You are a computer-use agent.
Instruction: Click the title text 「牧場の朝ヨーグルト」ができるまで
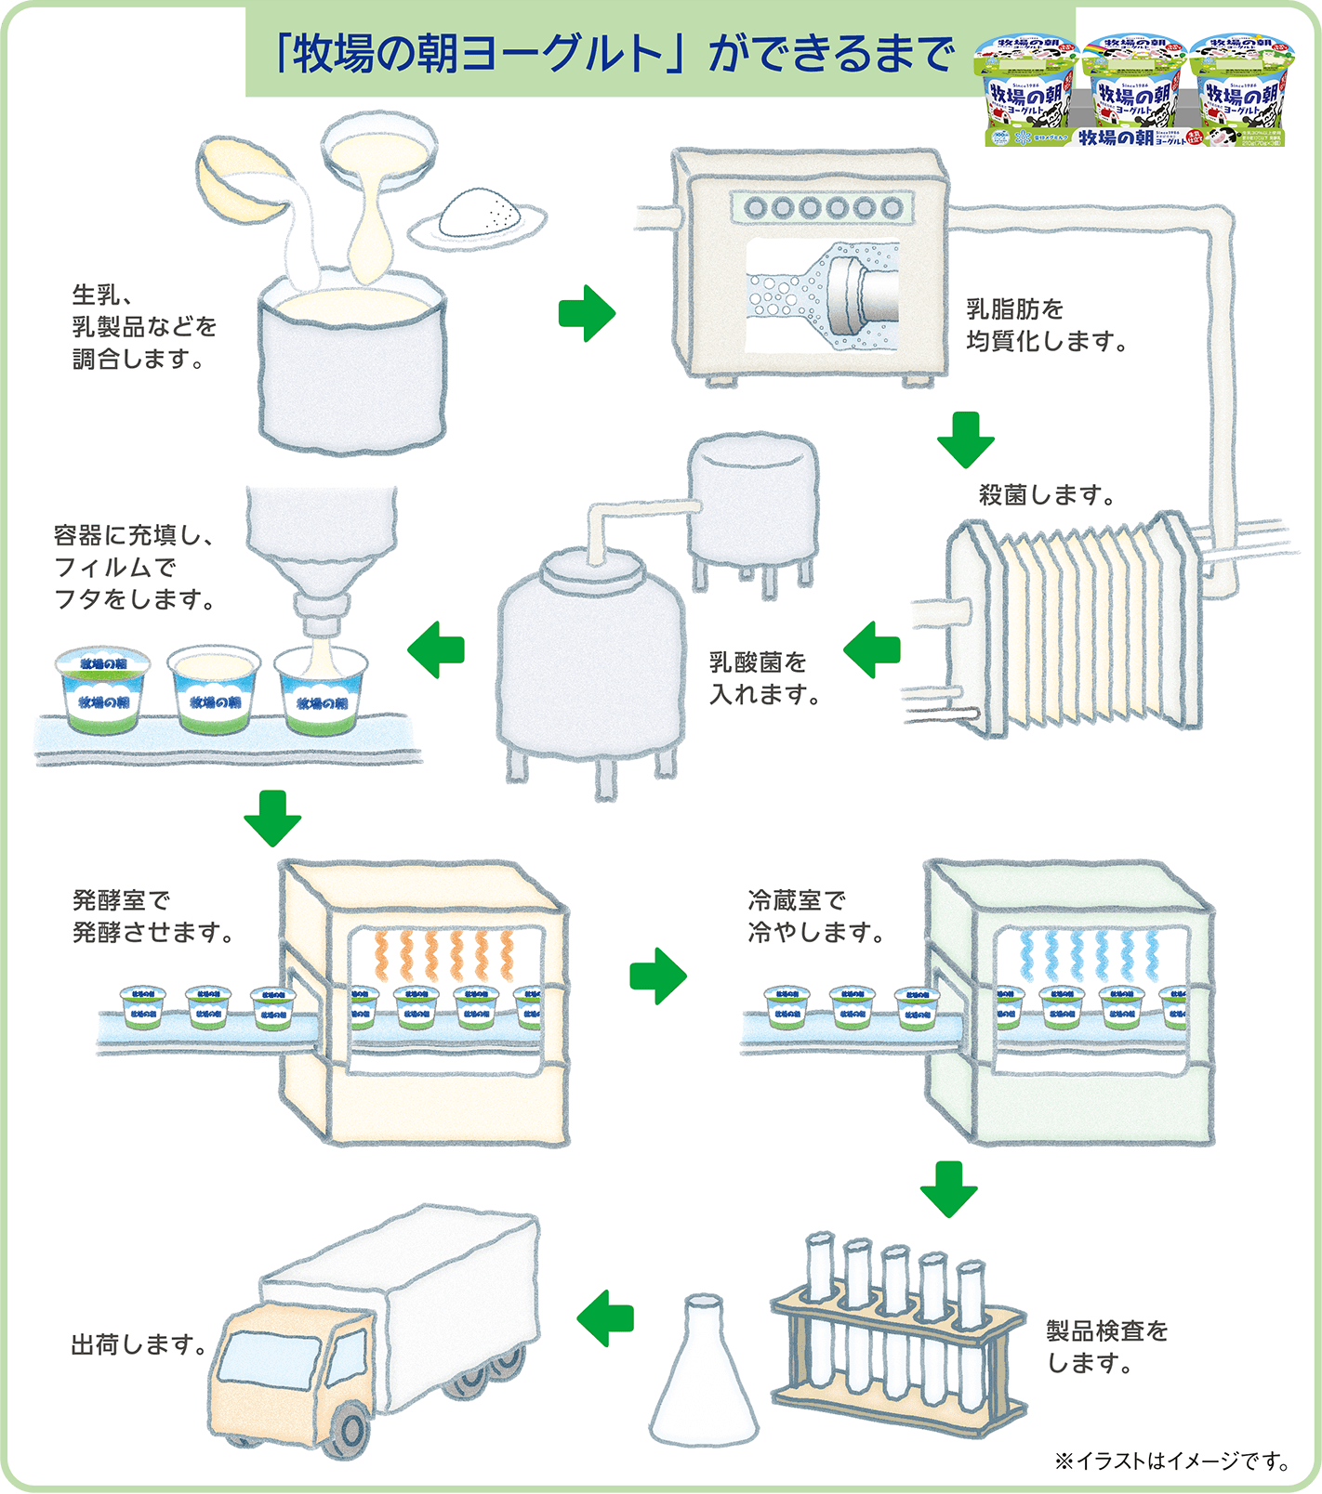[x=614, y=53]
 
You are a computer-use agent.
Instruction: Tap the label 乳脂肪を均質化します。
[x=1046, y=324]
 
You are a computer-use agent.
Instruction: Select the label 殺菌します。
[x=1046, y=494]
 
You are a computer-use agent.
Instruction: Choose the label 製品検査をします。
[x=1105, y=1346]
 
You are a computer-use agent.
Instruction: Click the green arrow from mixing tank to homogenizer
[x=587, y=313]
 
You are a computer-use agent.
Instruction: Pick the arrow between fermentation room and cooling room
[x=657, y=976]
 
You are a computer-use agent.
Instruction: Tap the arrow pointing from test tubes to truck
[x=605, y=1317]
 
